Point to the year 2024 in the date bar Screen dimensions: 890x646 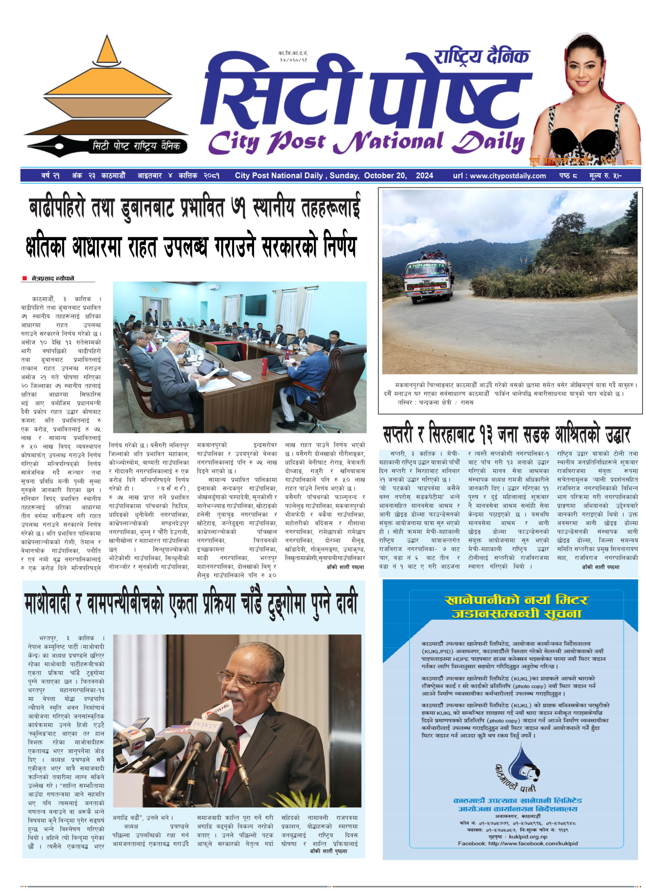pos(424,176)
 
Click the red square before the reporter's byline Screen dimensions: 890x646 pos(25,278)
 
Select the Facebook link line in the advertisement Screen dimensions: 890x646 pos(517,843)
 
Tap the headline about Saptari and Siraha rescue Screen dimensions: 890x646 pos(506,435)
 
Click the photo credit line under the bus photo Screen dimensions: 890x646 pos(435,402)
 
